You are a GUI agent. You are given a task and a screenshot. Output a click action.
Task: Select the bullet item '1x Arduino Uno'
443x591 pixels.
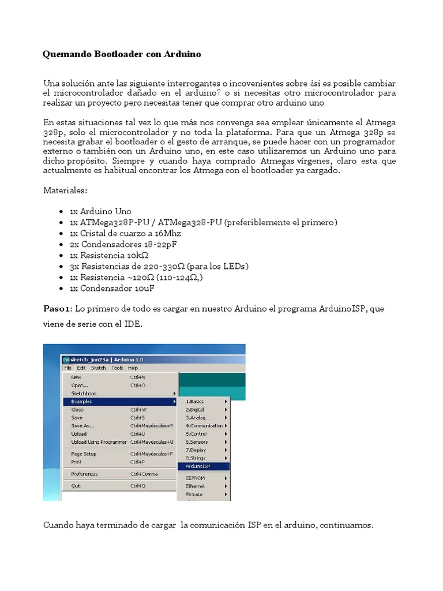(x=100, y=211)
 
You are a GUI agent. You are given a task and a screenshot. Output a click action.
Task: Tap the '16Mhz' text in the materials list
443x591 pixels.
(x=167, y=233)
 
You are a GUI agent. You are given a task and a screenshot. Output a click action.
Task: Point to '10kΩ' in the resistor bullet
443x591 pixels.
(x=137, y=255)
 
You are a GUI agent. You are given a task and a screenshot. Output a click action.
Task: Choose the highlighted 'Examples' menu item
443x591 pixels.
(x=81, y=401)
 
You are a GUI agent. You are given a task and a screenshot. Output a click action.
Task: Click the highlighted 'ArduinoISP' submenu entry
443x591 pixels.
(x=199, y=466)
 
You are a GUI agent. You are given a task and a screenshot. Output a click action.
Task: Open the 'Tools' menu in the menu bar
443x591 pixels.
(x=117, y=368)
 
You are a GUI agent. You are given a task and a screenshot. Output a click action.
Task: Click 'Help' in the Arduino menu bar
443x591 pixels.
(x=133, y=368)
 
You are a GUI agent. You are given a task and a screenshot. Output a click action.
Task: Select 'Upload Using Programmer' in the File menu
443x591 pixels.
(x=99, y=442)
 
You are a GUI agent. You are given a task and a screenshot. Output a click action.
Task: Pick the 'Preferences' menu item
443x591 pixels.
(x=84, y=474)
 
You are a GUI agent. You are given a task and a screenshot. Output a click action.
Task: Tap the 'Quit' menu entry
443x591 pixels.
(x=76, y=486)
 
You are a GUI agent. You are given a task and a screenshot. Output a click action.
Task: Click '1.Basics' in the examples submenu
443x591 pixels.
(x=194, y=401)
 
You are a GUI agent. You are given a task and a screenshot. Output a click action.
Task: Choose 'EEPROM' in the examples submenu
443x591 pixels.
(x=195, y=478)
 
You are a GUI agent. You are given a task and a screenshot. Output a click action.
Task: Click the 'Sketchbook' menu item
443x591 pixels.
(x=84, y=393)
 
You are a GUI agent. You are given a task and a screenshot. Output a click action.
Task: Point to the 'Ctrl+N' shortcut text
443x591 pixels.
(x=138, y=377)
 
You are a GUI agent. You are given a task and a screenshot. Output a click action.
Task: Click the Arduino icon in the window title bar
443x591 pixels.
(x=66, y=359)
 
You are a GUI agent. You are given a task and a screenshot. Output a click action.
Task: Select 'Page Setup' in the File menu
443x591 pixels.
(x=84, y=454)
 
